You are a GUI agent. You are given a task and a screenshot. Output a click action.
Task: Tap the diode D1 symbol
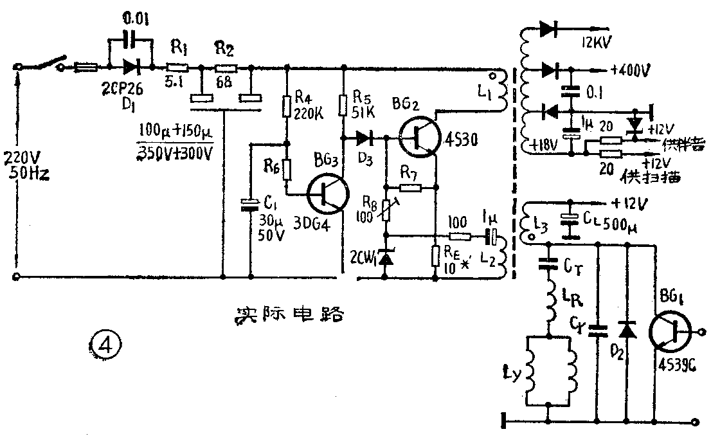point(132,66)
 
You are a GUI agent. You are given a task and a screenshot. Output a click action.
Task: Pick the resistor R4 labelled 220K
point(287,105)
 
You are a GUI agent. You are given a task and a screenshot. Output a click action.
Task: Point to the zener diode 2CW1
point(386,259)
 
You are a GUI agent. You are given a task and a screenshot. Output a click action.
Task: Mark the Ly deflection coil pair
point(549,370)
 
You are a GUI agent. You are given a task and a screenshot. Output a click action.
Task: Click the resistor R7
point(410,188)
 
